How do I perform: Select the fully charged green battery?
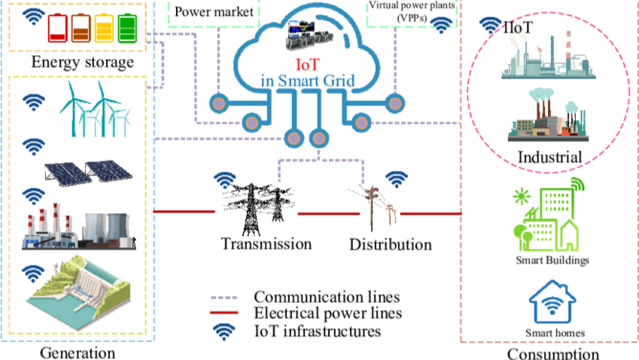[x=128, y=30]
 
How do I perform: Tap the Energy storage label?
[x=82, y=61]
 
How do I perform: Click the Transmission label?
[x=266, y=243]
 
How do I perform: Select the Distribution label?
[x=391, y=245]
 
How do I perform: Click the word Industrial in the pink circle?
[x=549, y=157]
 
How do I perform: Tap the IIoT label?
[x=519, y=29]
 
